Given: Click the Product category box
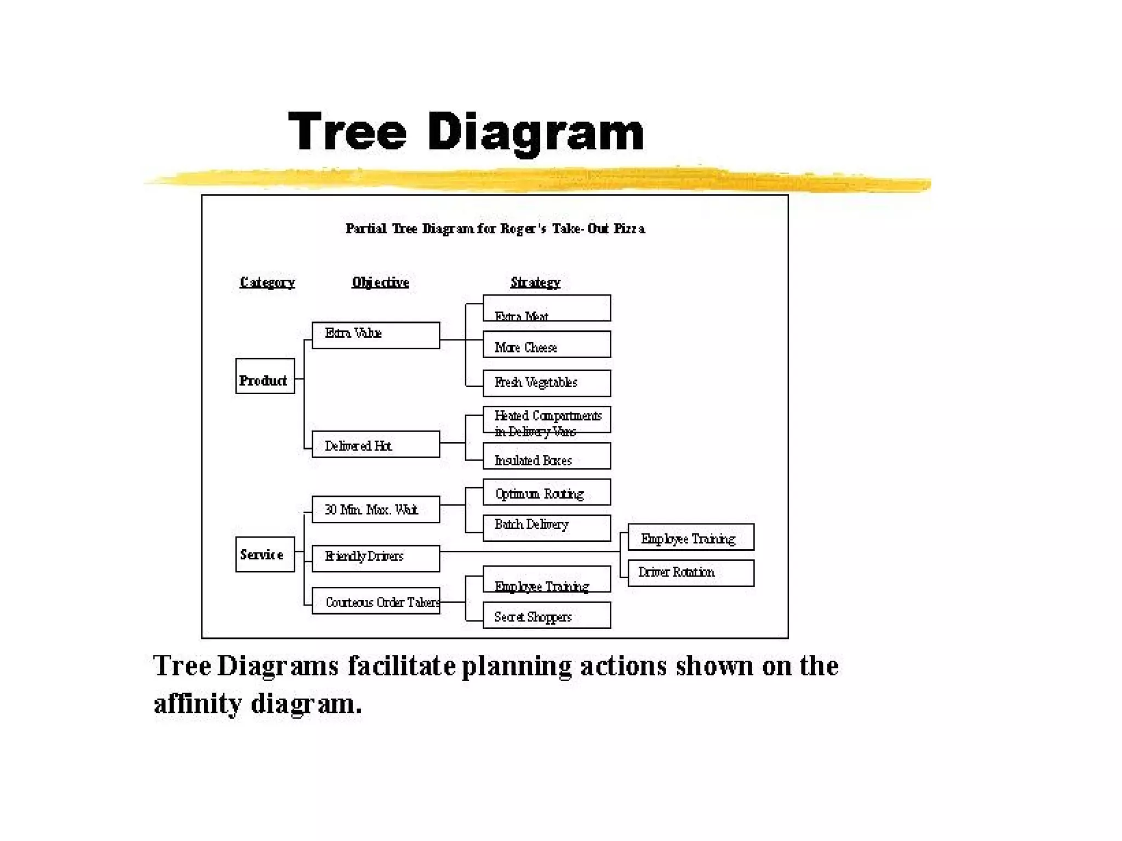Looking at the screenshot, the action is coord(265,376).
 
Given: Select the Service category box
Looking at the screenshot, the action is coord(265,554).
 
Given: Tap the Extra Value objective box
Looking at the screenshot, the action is coord(375,335).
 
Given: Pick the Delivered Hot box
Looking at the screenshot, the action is coord(375,444).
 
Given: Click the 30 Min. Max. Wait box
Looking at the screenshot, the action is coord(375,509).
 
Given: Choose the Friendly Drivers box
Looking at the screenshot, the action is coord(375,558).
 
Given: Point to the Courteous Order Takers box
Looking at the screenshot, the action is coord(375,601).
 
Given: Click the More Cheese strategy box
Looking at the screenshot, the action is coord(546,344).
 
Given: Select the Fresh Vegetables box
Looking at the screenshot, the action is coord(546,383).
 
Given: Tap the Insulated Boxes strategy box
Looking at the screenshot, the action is coord(546,456).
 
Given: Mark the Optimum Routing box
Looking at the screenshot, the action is coord(546,492).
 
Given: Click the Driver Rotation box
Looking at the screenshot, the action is coord(690,573).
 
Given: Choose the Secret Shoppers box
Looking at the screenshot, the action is coord(546,615).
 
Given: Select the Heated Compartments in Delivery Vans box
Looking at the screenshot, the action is coord(546,420).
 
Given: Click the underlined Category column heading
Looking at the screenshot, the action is coord(267,283).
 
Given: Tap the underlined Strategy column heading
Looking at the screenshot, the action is coord(535,283).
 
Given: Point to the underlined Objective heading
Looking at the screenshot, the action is coord(380,283).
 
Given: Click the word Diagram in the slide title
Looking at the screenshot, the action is coord(535,132).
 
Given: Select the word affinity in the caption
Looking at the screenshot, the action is coord(197,704).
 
